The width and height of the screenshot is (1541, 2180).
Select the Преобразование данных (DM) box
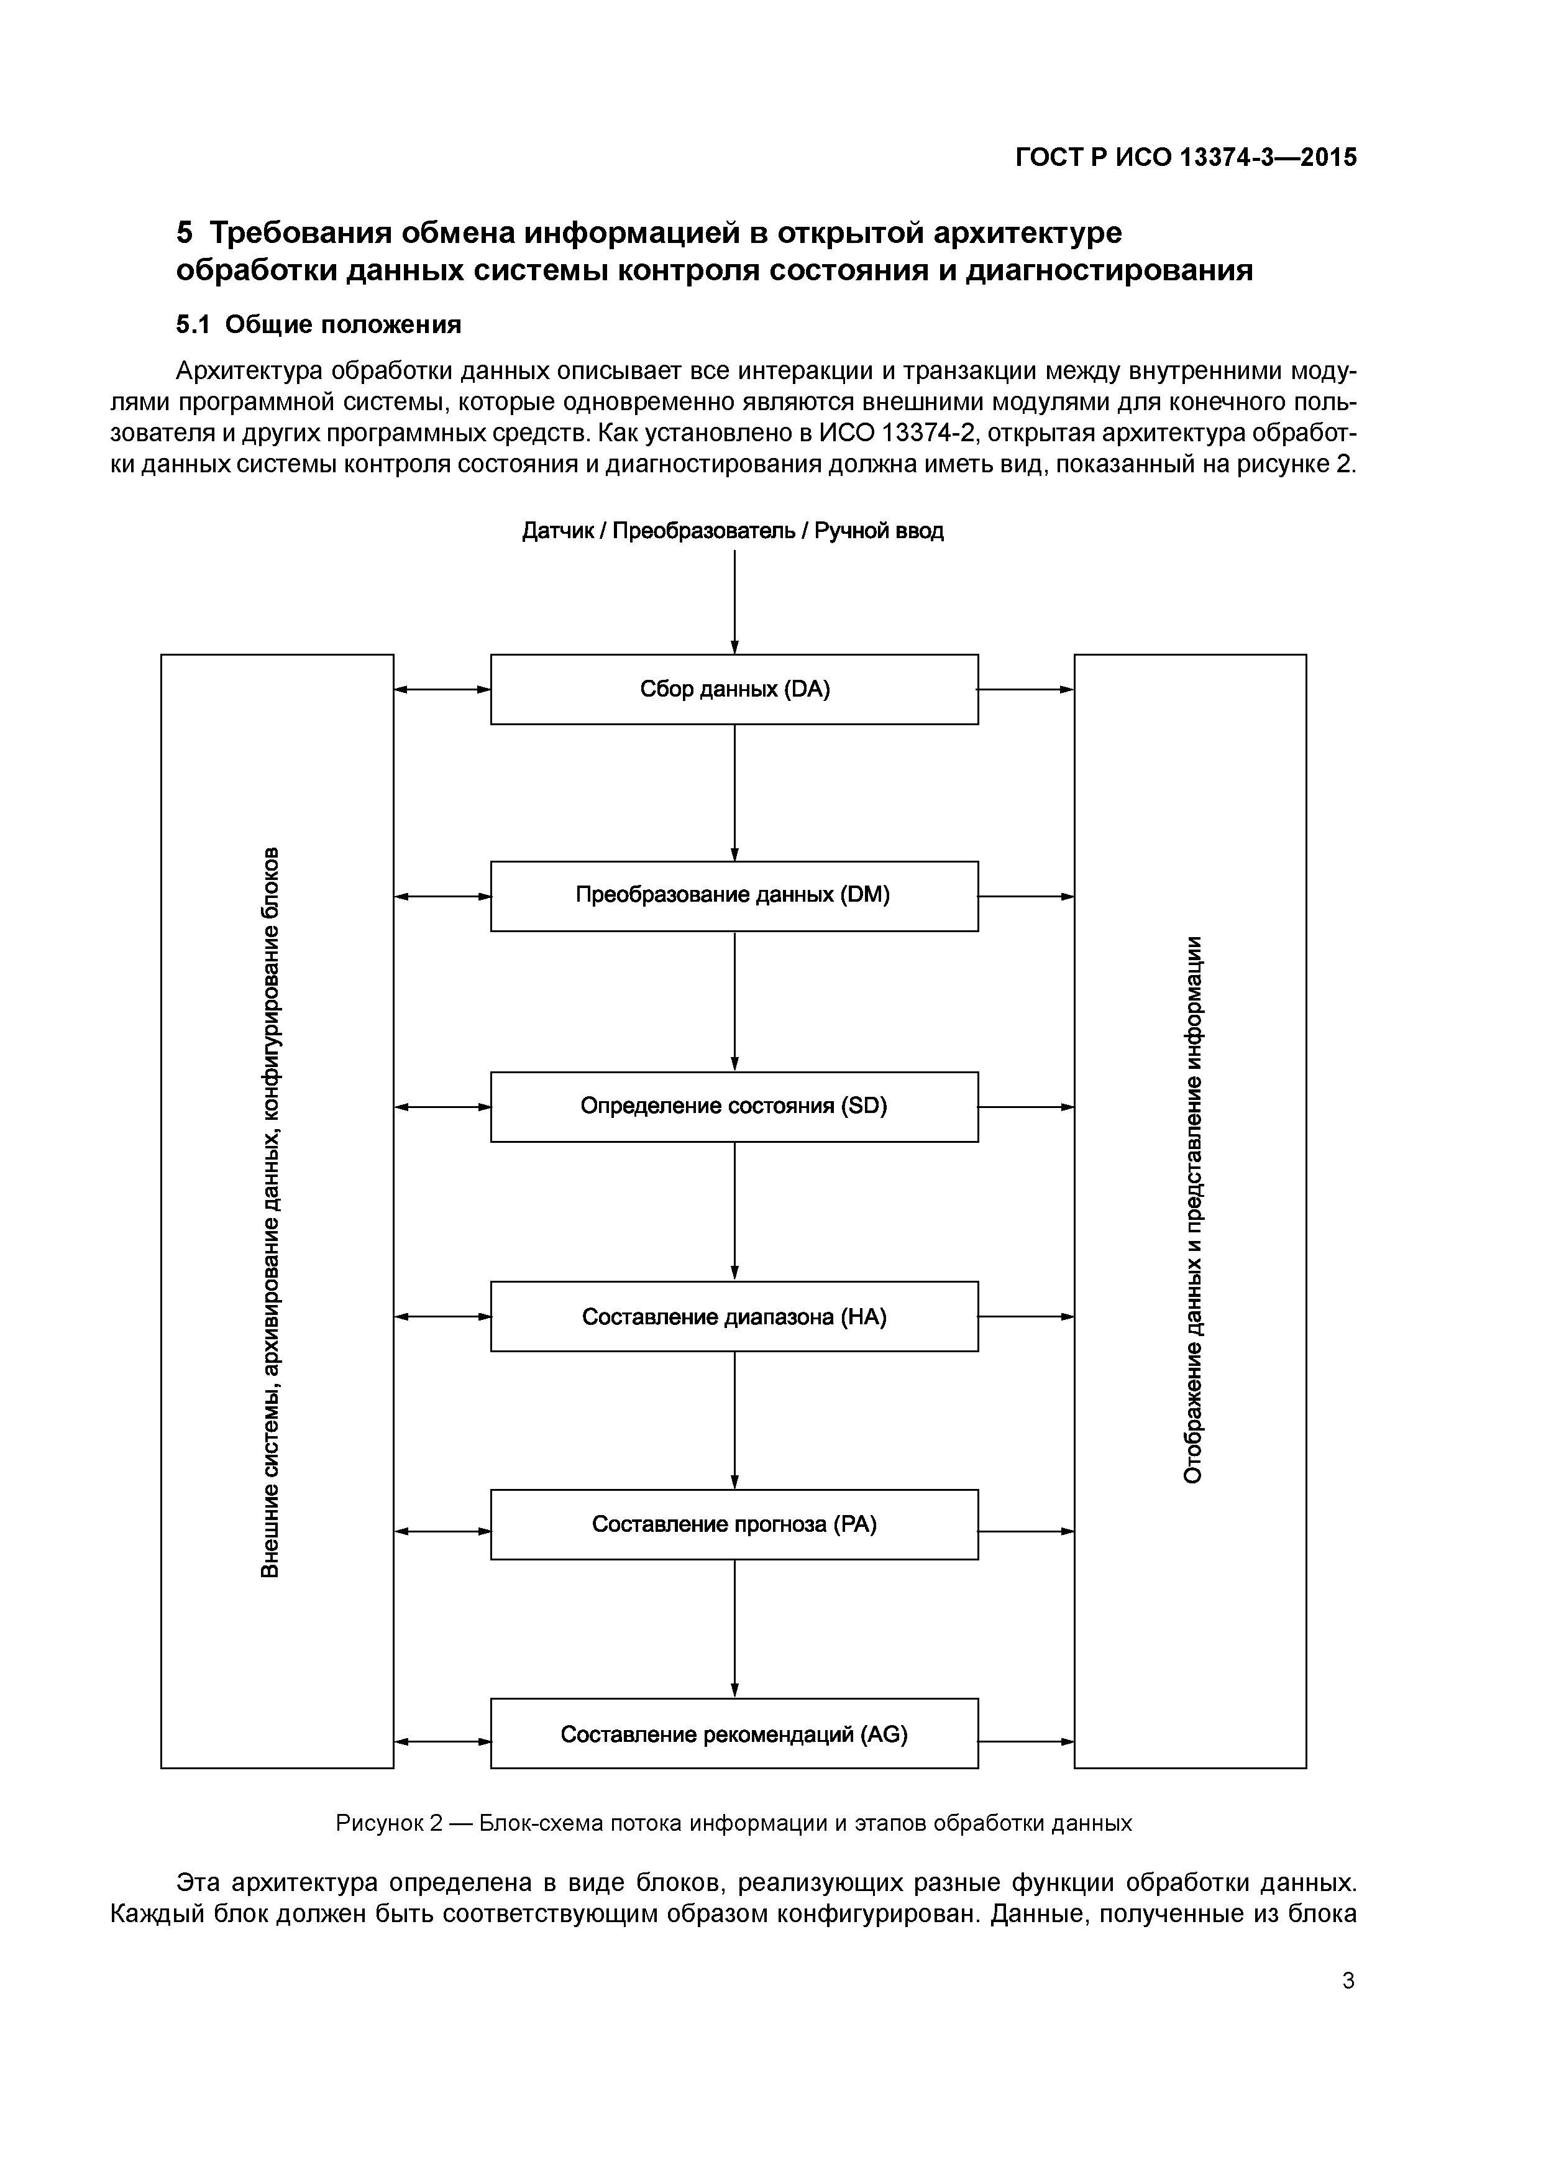click(734, 895)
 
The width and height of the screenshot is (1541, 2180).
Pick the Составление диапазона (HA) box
click(734, 1316)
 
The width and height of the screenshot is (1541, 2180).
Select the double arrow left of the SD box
click(442, 1107)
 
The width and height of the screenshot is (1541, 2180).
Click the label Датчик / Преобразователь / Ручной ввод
click(733, 531)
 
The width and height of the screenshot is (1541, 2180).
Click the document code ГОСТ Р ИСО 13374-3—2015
click(1186, 158)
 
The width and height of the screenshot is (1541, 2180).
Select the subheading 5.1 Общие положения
click(319, 325)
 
